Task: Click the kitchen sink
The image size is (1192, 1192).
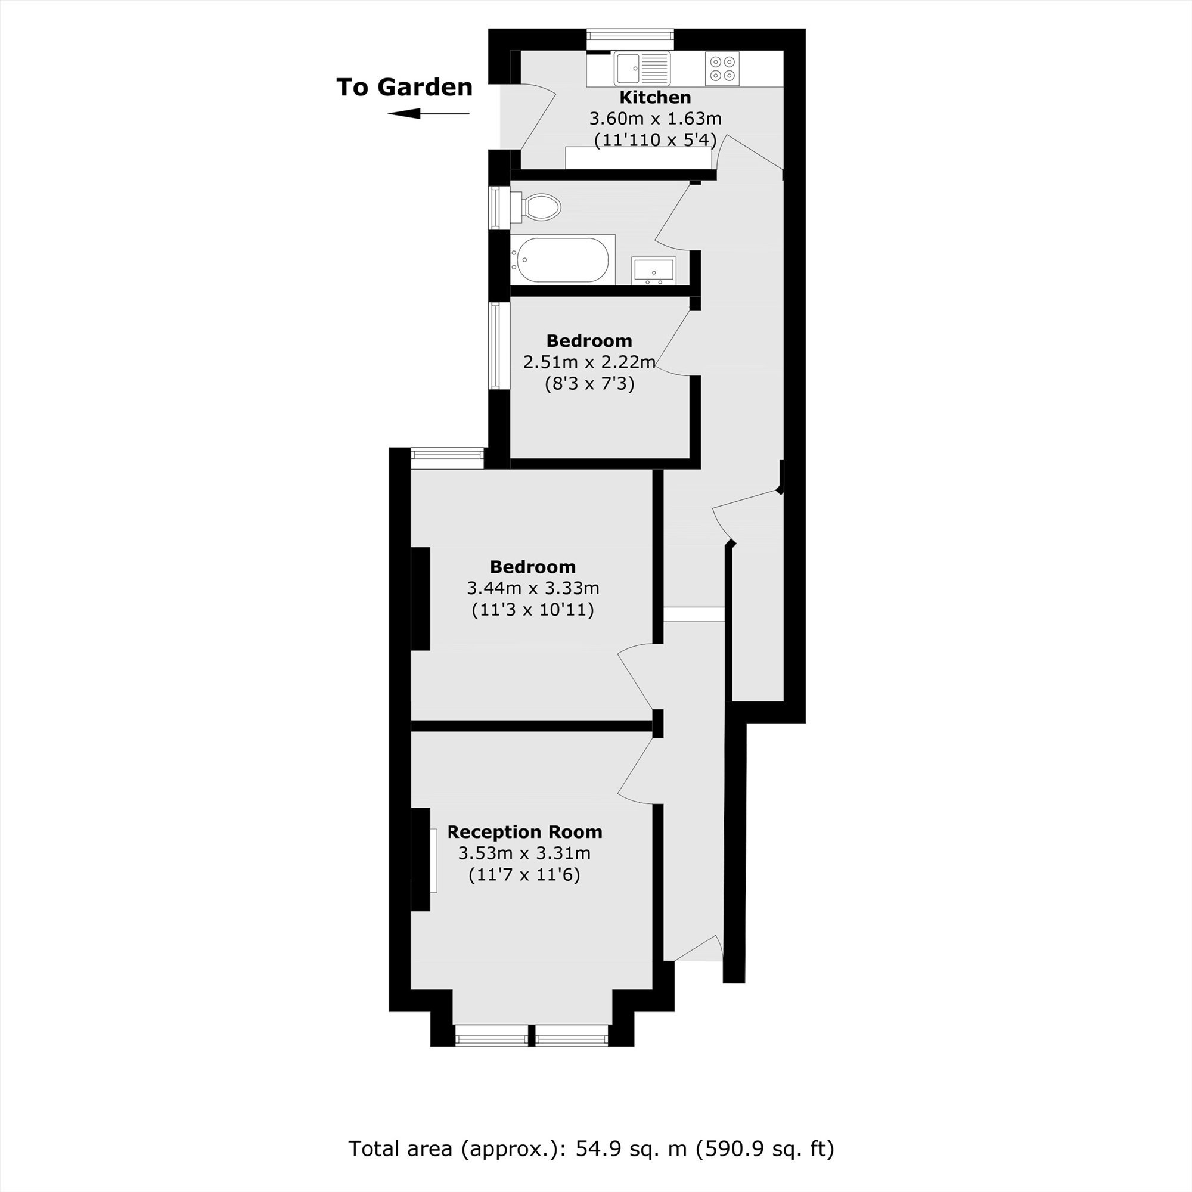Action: [x=642, y=68]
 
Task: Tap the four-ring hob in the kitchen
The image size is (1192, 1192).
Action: [x=722, y=68]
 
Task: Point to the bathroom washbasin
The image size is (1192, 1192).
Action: [x=653, y=271]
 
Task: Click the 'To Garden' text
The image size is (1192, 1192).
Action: [x=404, y=87]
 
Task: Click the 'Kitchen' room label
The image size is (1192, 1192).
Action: [x=654, y=98]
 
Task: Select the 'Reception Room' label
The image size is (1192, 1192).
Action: [x=524, y=832]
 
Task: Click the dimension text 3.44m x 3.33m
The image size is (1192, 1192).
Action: [x=533, y=588]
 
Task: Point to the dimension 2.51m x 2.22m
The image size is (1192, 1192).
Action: [x=589, y=362]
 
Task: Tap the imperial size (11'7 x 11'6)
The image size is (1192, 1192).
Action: [x=524, y=875]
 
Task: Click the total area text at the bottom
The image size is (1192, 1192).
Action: [x=591, y=1149]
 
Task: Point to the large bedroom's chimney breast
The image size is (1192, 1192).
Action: [x=421, y=598]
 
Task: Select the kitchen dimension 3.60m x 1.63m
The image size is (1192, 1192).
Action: [x=655, y=119]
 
